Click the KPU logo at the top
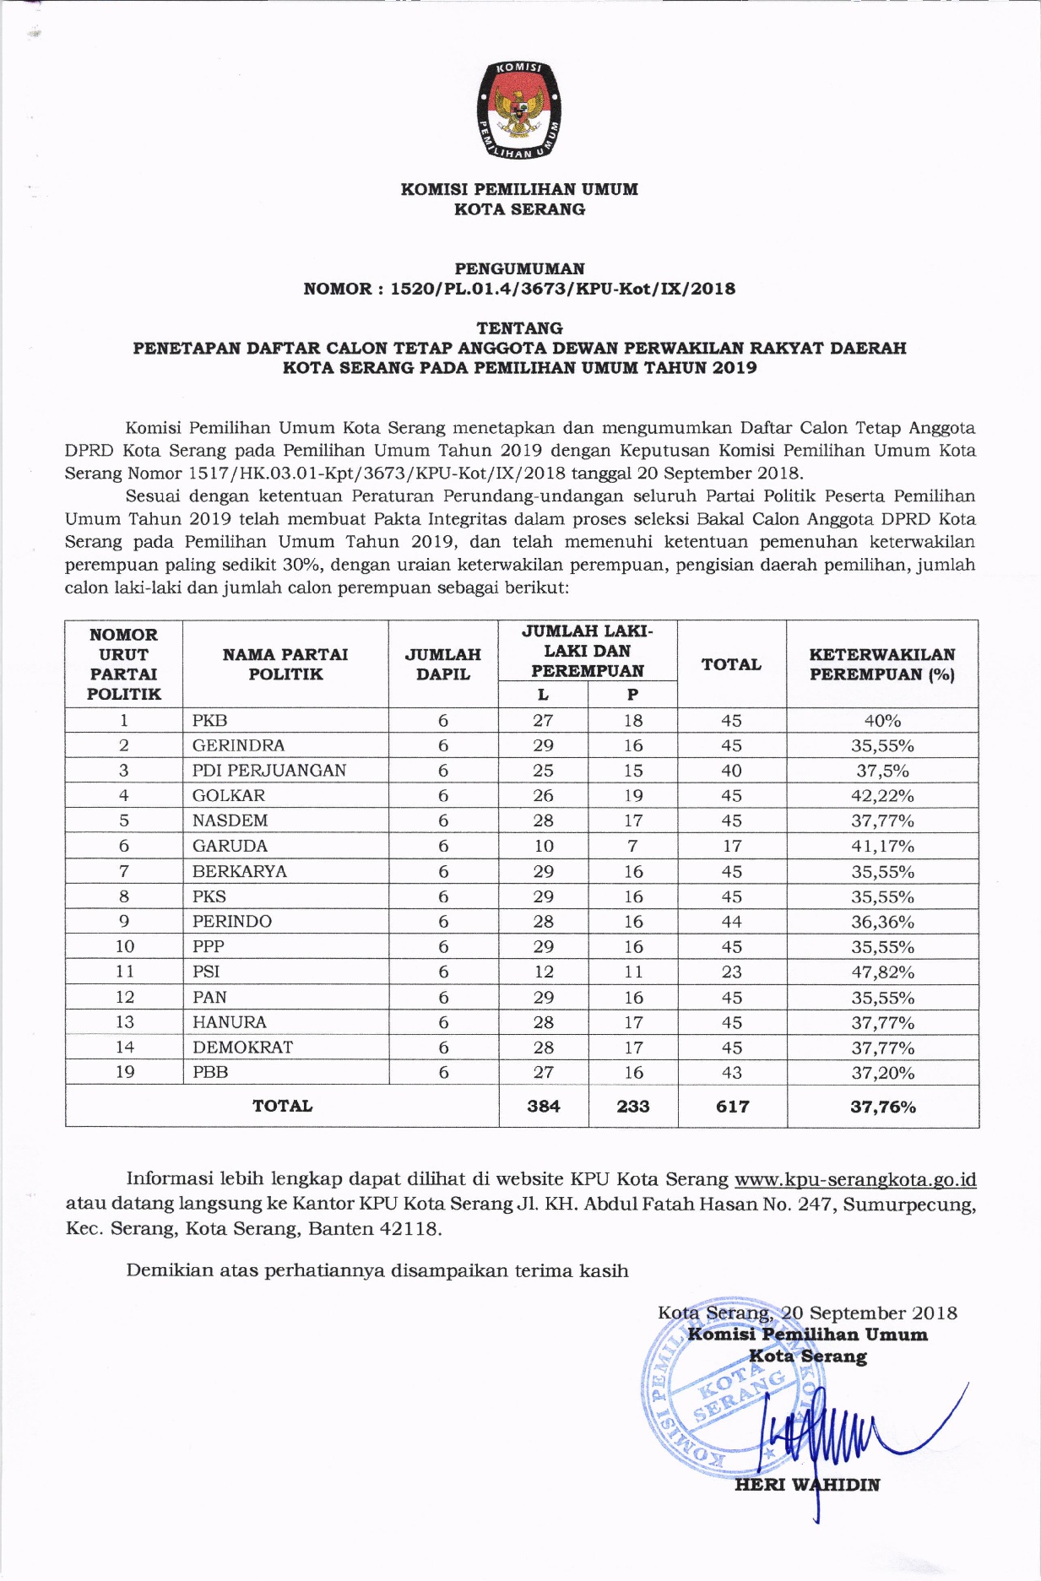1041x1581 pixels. point(519,111)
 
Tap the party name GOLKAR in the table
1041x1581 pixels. point(229,795)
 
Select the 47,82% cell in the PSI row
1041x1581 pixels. point(882,972)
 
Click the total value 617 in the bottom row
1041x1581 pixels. point(732,1106)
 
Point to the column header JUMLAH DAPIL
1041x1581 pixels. point(443,664)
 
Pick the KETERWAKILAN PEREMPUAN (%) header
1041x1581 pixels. point(882,664)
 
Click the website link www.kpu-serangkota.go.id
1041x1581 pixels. point(855,1179)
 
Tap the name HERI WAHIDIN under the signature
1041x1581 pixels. point(807,1485)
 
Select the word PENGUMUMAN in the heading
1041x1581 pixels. point(519,268)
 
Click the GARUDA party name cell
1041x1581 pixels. point(230,846)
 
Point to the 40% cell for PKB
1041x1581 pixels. point(882,721)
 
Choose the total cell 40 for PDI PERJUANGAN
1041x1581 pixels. point(732,771)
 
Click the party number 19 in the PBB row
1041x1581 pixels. point(124,1072)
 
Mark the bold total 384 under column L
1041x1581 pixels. point(544,1106)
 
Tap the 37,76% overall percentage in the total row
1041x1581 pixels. point(882,1107)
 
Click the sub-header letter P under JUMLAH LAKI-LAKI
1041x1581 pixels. point(632,695)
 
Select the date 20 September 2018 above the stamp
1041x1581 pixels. point(870,1313)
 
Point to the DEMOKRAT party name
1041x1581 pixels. point(242,1047)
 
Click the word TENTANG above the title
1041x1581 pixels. point(519,328)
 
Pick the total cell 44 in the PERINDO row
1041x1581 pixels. point(732,922)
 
